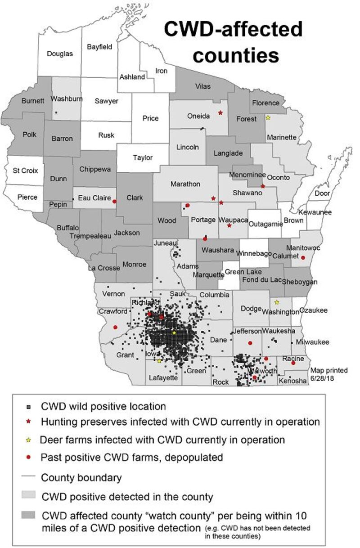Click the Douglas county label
coord(60,53)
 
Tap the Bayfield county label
coord(99,46)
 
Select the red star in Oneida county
coord(220,112)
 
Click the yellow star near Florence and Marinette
coord(268,118)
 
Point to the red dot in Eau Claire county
coord(114,202)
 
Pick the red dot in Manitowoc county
coord(303,257)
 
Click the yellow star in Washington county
coord(277,302)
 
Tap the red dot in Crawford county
coord(115,327)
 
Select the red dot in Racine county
coord(293,363)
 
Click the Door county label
coord(322,193)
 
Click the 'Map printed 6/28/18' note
coord(328,374)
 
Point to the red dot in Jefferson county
coord(250,343)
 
